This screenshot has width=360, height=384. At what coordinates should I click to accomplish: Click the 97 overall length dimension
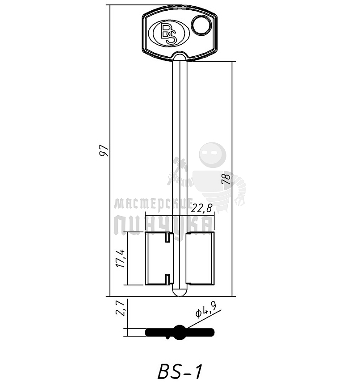pos(104,150)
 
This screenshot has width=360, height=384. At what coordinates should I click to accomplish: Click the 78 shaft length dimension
pos(226,179)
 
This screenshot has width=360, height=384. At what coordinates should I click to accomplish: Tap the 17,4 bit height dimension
pos(120,259)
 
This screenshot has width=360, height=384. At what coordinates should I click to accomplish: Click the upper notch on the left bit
pos(167,237)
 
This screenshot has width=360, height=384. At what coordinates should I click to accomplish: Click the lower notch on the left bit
pos(167,280)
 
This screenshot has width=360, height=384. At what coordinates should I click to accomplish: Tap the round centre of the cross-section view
pos(180,332)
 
